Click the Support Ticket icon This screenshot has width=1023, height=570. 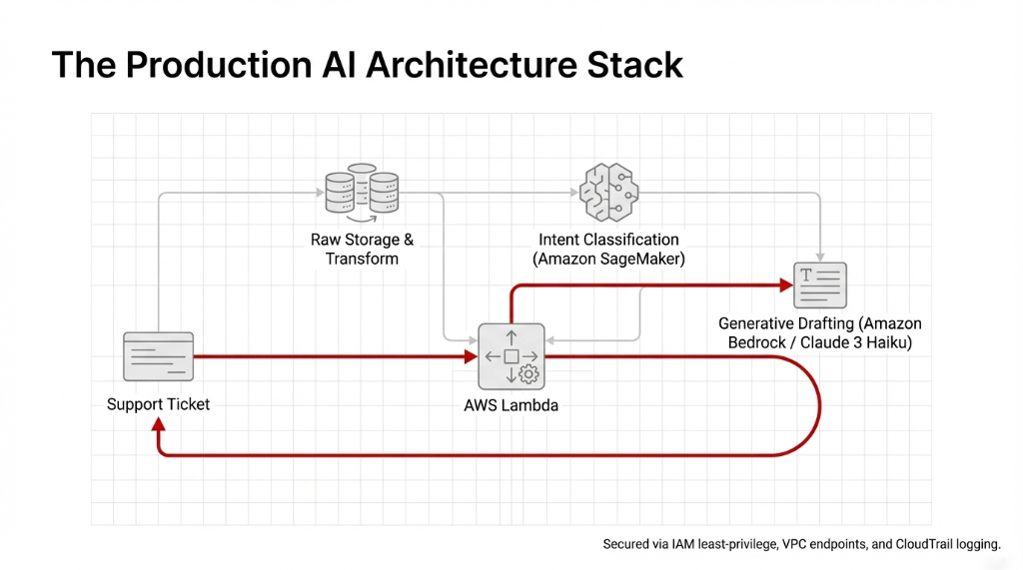tap(157, 356)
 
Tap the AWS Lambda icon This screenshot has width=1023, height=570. tap(511, 356)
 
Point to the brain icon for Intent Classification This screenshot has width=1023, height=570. tap(608, 190)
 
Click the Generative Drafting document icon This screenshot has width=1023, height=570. tap(820, 285)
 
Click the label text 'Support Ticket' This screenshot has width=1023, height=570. tap(158, 404)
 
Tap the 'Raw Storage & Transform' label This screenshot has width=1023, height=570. tap(362, 250)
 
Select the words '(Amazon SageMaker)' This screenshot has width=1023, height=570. tap(608, 259)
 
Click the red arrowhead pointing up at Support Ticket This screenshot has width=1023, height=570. tap(159, 425)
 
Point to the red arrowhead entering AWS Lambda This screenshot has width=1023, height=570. tap(470, 356)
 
